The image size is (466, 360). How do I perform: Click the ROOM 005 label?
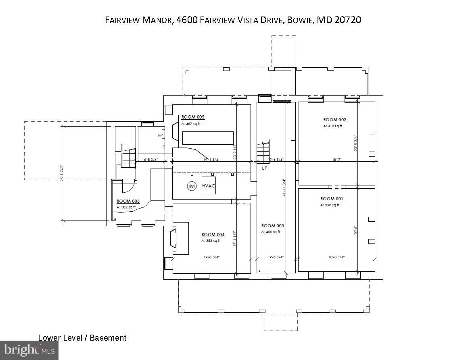pyautogui.click(x=193, y=117)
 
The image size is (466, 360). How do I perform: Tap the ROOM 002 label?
pyautogui.click(x=334, y=120)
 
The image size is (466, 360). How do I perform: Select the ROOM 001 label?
pyautogui.click(x=332, y=199)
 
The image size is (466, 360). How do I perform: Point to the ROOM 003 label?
pyautogui.click(x=273, y=226)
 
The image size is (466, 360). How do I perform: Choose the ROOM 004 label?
pyautogui.click(x=213, y=235)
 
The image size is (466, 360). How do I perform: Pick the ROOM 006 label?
pyautogui.click(x=128, y=201)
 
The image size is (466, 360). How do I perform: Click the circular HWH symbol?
pyautogui.click(x=191, y=186)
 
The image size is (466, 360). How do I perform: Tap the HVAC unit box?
pyautogui.click(x=209, y=186)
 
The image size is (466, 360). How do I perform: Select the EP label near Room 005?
pyautogui.click(x=160, y=136)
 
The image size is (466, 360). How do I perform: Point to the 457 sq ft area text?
pyautogui.click(x=191, y=124)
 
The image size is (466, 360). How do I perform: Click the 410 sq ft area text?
pyautogui.click(x=332, y=126)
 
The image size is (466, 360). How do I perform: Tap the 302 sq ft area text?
pyautogui.click(x=126, y=207)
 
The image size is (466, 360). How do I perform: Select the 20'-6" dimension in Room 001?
pyautogui.click(x=356, y=229)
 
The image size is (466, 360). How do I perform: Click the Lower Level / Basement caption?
pyautogui.click(x=82, y=338)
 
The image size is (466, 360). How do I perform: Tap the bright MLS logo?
pyautogui.click(x=29, y=350)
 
